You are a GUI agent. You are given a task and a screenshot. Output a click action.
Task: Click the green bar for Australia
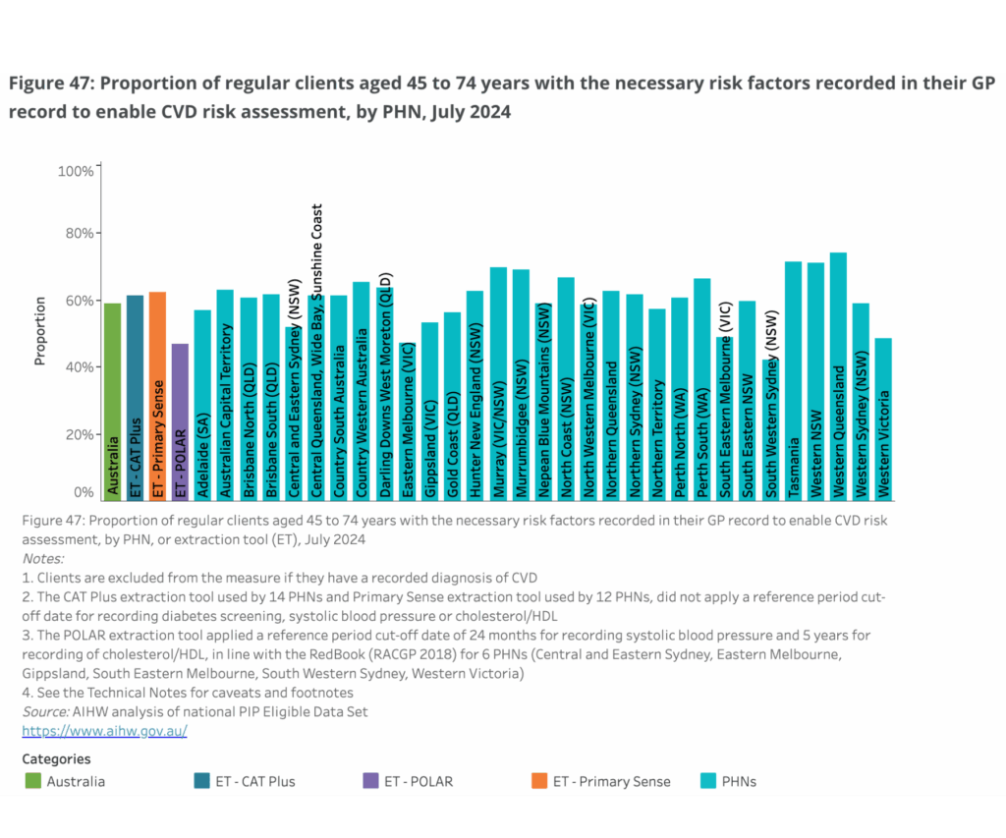[x=113, y=403]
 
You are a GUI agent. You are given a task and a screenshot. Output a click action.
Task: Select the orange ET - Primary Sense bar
[x=157, y=397]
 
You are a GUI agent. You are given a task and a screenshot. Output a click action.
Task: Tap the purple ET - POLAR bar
[x=180, y=422]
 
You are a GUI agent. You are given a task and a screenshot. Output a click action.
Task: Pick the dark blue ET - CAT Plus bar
[x=136, y=399]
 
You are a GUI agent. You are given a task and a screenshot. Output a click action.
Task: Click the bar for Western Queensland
[x=838, y=377]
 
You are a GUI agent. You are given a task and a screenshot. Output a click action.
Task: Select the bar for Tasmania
[x=793, y=382]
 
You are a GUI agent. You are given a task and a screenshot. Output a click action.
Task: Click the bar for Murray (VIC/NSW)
[x=498, y=384]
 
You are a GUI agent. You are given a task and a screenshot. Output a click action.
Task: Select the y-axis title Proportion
[x=40, y=331]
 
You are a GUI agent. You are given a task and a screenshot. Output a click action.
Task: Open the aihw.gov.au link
[x=104, y=731]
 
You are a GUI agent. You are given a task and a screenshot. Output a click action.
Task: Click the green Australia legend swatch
[x=33, y=781]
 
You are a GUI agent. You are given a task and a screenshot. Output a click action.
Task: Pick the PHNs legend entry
[x=737, y=781]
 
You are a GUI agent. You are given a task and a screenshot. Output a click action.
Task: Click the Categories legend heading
[x=56, y=758]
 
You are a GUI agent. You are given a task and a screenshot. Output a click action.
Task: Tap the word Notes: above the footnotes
[x=42, y=558]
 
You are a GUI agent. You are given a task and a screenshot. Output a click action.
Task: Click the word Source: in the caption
[x=45, y=711]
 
